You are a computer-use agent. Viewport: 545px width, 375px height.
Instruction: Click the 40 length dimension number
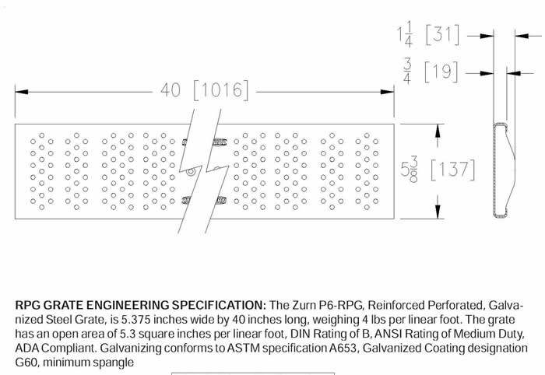click(x=171, y=90)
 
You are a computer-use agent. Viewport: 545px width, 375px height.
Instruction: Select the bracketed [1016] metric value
click(x=221, y=90)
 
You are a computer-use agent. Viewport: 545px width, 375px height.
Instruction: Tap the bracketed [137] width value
click(x=453, y=170)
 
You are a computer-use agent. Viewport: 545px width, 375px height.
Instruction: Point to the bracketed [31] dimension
click(x=442, y=34)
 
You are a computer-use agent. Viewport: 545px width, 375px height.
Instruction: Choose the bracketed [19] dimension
click(x=441, y=72)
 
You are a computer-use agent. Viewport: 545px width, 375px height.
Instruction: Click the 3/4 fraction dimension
click(x=407, y=71)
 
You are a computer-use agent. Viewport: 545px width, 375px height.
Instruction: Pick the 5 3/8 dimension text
click(x=409, y=169)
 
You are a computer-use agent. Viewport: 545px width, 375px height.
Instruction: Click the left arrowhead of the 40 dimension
click(x=22, y=92)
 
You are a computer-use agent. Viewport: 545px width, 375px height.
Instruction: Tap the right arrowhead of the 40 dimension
click(x=387, y=92)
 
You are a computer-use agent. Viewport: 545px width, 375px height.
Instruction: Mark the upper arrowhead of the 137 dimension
click(x=438, y=131)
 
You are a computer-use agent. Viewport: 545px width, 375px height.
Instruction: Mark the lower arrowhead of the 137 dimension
click(x=438, y=212)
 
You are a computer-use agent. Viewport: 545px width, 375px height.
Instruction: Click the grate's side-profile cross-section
click(x=503, y=170)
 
